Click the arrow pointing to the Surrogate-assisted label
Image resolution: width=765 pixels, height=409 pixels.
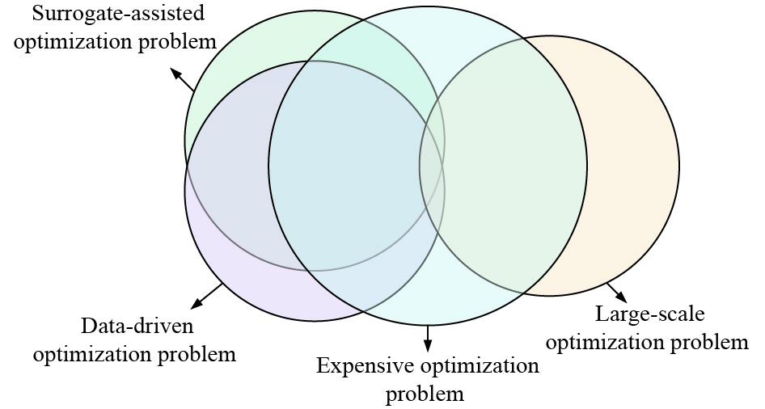point(182,78)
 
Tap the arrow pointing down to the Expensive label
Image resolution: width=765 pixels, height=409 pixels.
point(428,337)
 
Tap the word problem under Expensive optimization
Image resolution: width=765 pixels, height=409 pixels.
point(425,394)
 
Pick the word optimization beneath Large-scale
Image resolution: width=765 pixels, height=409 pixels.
point(599,342)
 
